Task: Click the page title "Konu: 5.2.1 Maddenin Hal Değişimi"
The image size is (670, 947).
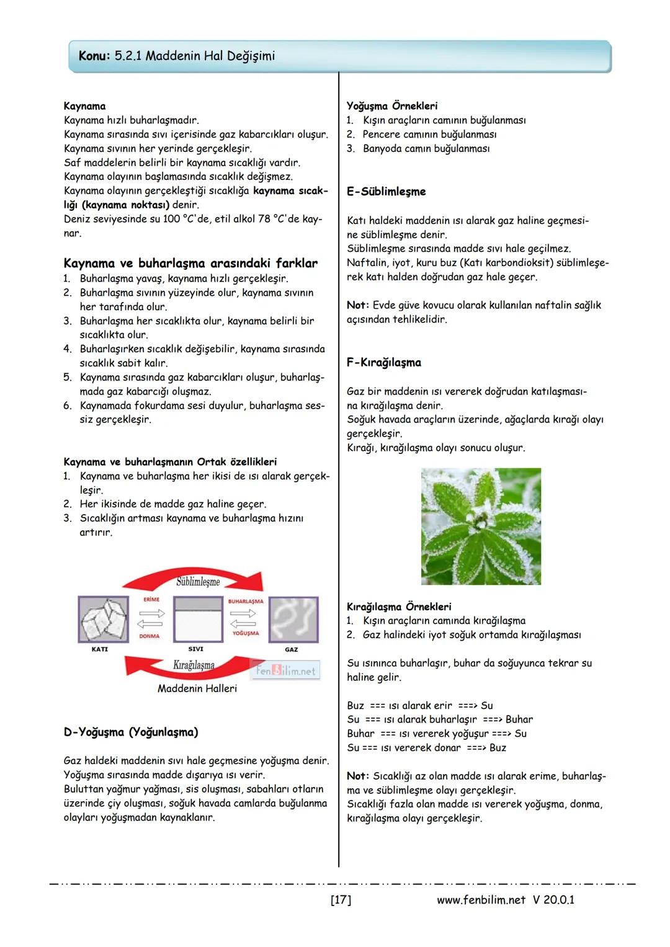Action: click(177, 56)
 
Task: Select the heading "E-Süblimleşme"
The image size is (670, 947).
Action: click(386, 192)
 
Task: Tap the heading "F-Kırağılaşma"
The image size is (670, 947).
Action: click(383, 363)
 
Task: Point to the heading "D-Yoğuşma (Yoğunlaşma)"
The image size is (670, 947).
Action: click(131, 732)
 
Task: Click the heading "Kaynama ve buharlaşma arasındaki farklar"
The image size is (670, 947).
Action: click(190, 263)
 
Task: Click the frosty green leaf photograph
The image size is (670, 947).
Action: click(481, 527)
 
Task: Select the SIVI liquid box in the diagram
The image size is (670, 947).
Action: click(198, 620)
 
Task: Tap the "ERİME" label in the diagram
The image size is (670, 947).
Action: click(151, 600)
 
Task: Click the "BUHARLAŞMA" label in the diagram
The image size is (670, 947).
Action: click(246, 601)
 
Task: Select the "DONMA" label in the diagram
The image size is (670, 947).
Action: click(150, 636)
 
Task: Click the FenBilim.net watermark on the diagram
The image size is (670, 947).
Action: click(287, 670)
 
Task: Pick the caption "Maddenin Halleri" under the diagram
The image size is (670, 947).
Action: click(197, 688)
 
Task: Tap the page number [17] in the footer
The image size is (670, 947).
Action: click(341, 899)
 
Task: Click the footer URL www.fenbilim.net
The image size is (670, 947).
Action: click(481, 899)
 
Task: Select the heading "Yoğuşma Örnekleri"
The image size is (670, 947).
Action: click(391, 106)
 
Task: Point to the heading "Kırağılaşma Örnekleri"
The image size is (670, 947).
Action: click(399, 607)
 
